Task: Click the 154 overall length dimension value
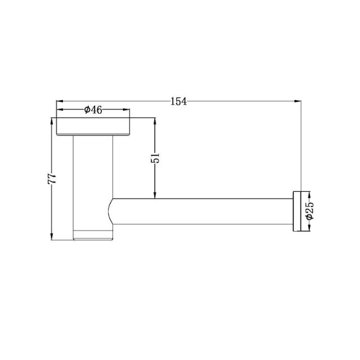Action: [178, 101]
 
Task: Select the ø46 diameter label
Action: [93, 110]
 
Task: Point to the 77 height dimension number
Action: [52, 179]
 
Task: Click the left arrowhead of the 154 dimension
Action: [58, 101]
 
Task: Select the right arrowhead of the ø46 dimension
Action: [128, 110]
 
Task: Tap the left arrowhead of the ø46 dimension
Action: [60, 110]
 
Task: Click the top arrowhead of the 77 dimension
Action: [52, 121]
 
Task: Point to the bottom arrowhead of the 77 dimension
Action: [52, 236]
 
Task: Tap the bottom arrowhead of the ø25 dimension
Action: [308, 228]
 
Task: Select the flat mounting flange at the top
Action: [94, 127]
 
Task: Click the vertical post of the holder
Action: [93, 180]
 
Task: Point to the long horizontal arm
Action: [202, 211]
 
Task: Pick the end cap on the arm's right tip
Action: [296, 211]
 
